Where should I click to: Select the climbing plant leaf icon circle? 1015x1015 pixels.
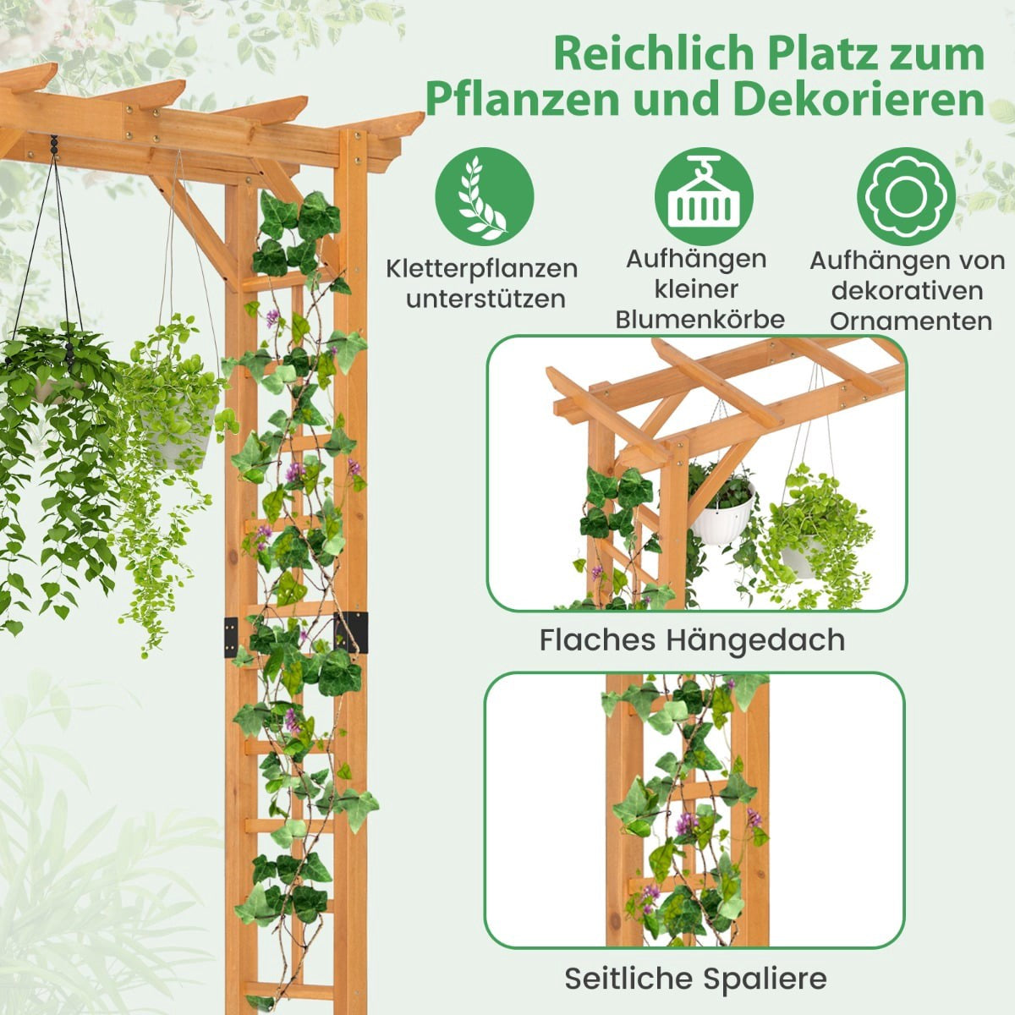[x=485, y=196]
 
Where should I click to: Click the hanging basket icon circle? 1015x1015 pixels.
[x=704, y=196]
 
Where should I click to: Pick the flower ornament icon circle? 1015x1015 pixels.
[x=907, y=196]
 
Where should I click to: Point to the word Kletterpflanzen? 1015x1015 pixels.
[x=482, y=270]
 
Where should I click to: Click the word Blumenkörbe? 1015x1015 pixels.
[x=700, y=320]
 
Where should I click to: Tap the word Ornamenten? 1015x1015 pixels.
[x=911, y=321]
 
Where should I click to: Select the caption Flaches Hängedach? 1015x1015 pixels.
[x=692, y=641]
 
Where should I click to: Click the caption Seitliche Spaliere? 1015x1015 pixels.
[x=696, y=964]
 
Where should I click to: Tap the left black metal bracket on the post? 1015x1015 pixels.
[x=231, y=638]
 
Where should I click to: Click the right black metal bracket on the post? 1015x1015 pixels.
[x=351, y=633]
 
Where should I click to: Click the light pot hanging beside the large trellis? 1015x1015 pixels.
[x=177, y=436]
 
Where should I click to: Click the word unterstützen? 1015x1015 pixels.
[x=486, y=299]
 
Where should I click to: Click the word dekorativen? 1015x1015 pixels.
[x=907, y=291]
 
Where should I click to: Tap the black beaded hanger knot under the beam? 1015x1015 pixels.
[x=54, y=145]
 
